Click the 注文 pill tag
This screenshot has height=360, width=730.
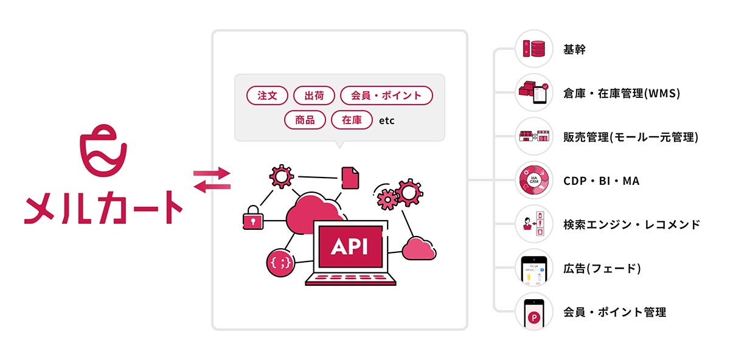tap(267, 95)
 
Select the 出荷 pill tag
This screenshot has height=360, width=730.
tap(314, 95)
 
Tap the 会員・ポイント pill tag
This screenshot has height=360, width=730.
tap(386, 95)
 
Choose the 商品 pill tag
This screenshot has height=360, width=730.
tap(305, 120)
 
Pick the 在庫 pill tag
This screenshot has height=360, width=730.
tap(352, 120)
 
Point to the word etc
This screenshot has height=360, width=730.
tap(387, 120)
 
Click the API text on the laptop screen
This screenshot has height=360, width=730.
tap(350, 246)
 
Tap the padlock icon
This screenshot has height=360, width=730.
tap(253, 218)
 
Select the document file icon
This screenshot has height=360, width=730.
tap(350, 178)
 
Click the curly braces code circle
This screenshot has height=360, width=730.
tap(280, 263)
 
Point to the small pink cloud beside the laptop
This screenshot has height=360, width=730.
tap(419, 249)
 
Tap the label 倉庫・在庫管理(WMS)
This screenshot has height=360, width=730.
tap(622, 94)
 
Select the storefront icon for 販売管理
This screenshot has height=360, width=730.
tap(534, 136)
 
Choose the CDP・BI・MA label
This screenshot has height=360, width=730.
tap(601, 181)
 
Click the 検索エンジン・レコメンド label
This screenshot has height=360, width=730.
tap(631, 224)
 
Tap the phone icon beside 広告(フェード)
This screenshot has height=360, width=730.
tap(534, 269)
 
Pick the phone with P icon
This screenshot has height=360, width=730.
tap(534, 313)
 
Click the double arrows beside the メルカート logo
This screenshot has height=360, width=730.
tap(212, 180)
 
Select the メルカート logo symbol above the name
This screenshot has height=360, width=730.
tap(103, 151)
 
